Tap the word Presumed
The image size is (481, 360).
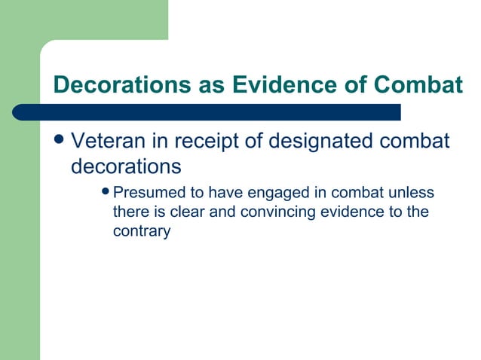pos(148,193)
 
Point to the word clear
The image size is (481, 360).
pos(188,212)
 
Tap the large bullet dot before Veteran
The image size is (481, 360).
pos(60,141)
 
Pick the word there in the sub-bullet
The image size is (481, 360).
pos(130,212)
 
